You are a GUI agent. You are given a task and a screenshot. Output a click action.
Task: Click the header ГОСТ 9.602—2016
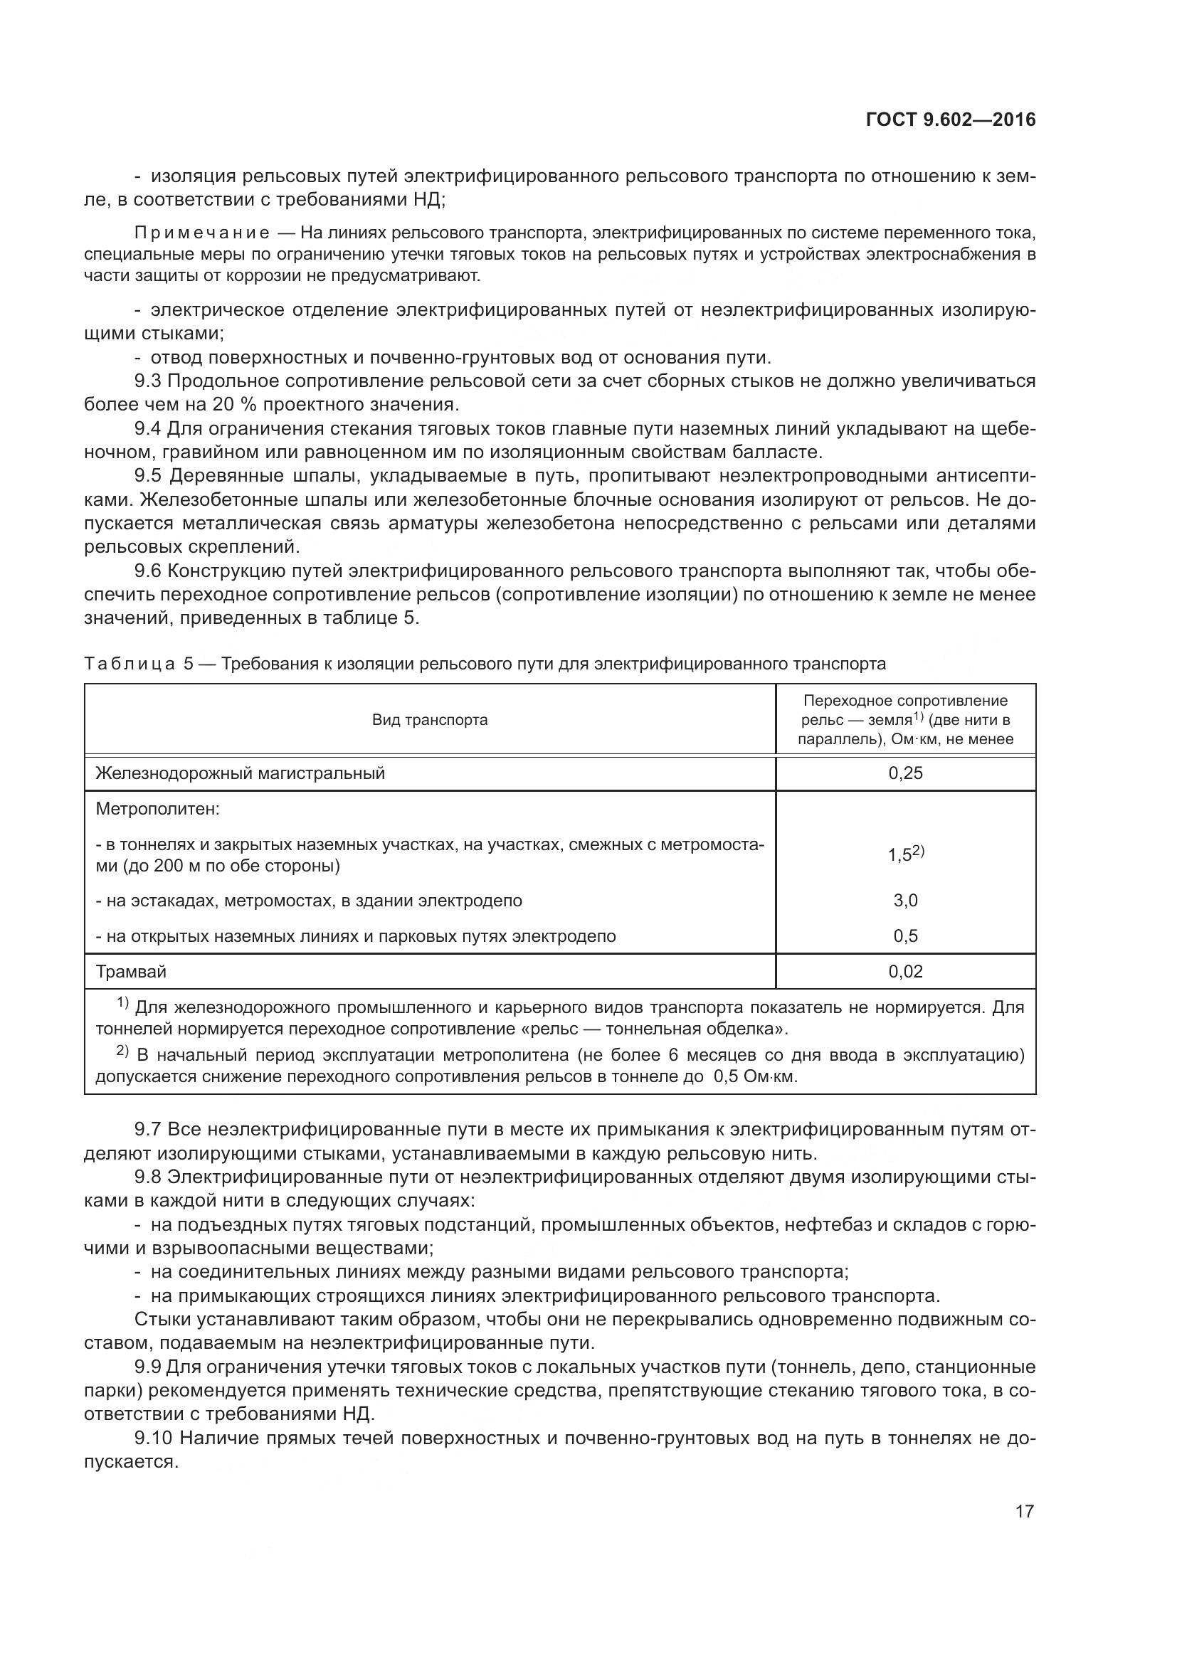pyautogui.click(x=950, y=120)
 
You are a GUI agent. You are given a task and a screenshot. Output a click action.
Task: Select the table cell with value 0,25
pyautogui.click(x=905, y=773)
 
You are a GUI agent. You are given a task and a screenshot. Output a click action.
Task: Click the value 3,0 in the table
pyautogui.click(x=905, y=900)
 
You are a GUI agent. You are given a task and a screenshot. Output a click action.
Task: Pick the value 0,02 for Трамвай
pyautogui.click(x=905, y=971)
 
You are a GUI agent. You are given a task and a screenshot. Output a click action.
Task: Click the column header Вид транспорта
pyautogui.click(x=430, y=720)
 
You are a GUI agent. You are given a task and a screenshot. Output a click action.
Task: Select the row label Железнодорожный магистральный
pyautogui.click(x=240, y=773)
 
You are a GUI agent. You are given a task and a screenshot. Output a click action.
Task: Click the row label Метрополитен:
pyautogui.click(x=157, y=808)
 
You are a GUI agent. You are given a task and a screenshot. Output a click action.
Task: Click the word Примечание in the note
pyautogui.click(x=202, y=233)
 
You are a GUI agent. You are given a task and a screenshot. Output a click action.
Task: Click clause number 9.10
pyautogui.click(x=154, y=1453)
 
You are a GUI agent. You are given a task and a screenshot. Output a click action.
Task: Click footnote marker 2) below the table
pyautogui.click(x=122, y=1053)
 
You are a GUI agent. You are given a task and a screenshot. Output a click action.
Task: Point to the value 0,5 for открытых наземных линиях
pyautogui.click(x=905, y=936)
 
